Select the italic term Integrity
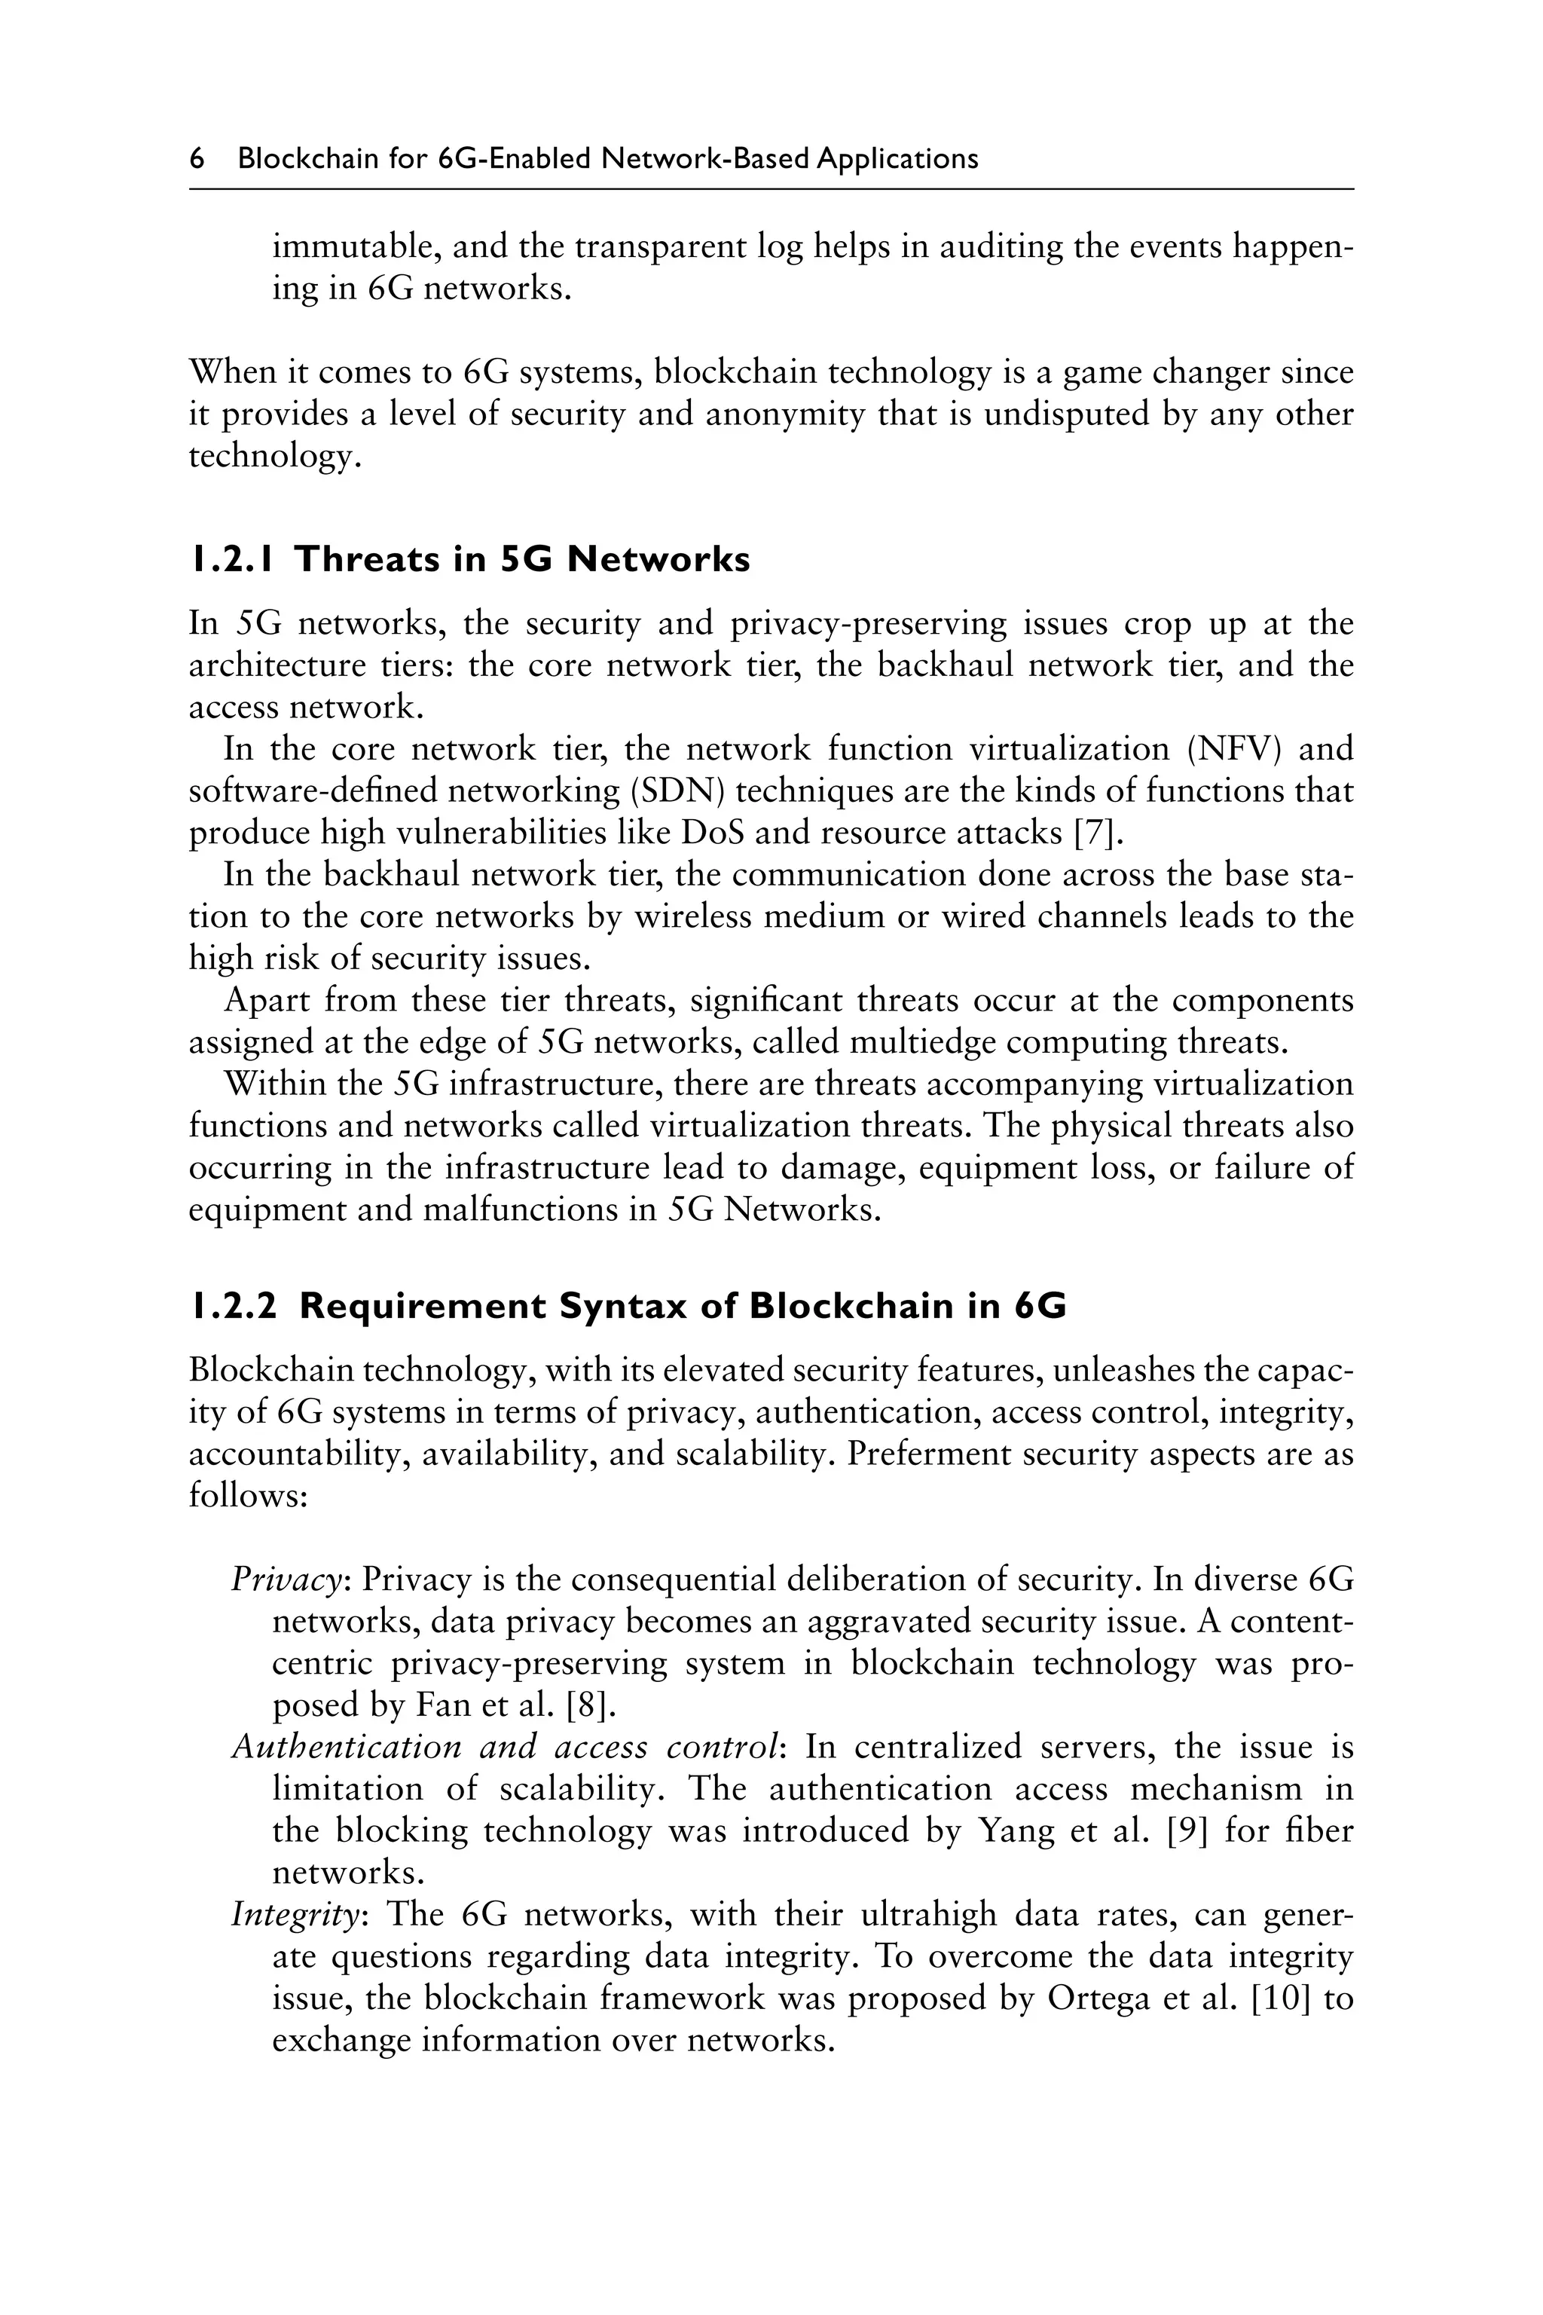pyautogui.click(x=298, y=1916)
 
